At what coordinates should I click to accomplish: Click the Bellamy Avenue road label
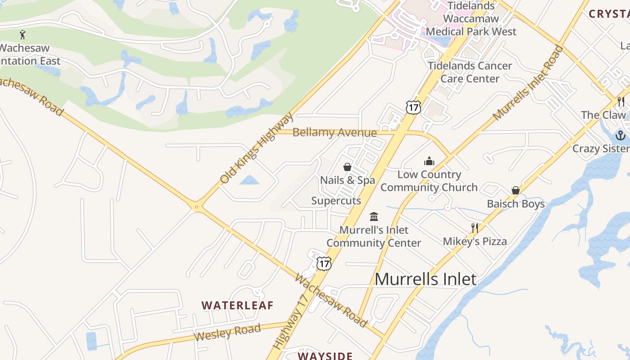(x=334, y=132)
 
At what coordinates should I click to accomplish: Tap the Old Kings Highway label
(x=256, y=148)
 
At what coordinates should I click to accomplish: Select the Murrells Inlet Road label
(x=528, y=84)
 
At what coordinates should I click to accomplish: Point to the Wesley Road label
(x=227, y=333)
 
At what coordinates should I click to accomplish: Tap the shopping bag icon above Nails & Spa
(x=347, y=167)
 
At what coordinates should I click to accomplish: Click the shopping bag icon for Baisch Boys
(x=516, y=190)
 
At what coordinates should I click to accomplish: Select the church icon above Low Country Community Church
(x=429, y=161)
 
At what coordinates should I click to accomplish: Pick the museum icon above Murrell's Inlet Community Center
(x=374, y=216)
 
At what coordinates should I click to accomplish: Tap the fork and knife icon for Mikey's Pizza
(x=474, y=228)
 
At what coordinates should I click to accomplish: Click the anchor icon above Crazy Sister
(x=621, y=135)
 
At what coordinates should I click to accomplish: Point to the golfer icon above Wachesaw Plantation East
(x=22, y=34)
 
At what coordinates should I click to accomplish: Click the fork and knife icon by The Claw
(x=621, y=101)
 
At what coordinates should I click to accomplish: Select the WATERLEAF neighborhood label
(x=237, y=305)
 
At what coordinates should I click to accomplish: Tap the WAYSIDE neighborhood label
(x=325, y=356)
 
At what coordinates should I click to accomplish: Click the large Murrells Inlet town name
(x=425, y=279)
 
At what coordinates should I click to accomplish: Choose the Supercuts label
(x=336, y=201)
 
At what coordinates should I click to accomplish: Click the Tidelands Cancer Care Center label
(x=470, y=72)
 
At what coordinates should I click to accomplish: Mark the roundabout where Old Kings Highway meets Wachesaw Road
(x=196, y=207)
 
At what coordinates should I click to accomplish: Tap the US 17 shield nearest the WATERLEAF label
(x=324, y=263)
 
